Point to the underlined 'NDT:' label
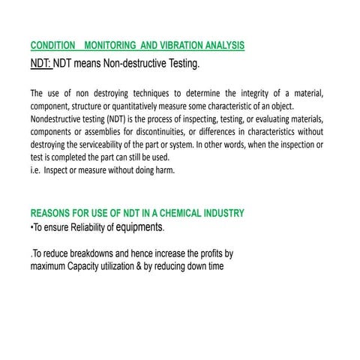(x=40, y=64)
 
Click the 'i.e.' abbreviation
(x=34, y=170)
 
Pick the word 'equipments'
(x=139, y=226)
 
